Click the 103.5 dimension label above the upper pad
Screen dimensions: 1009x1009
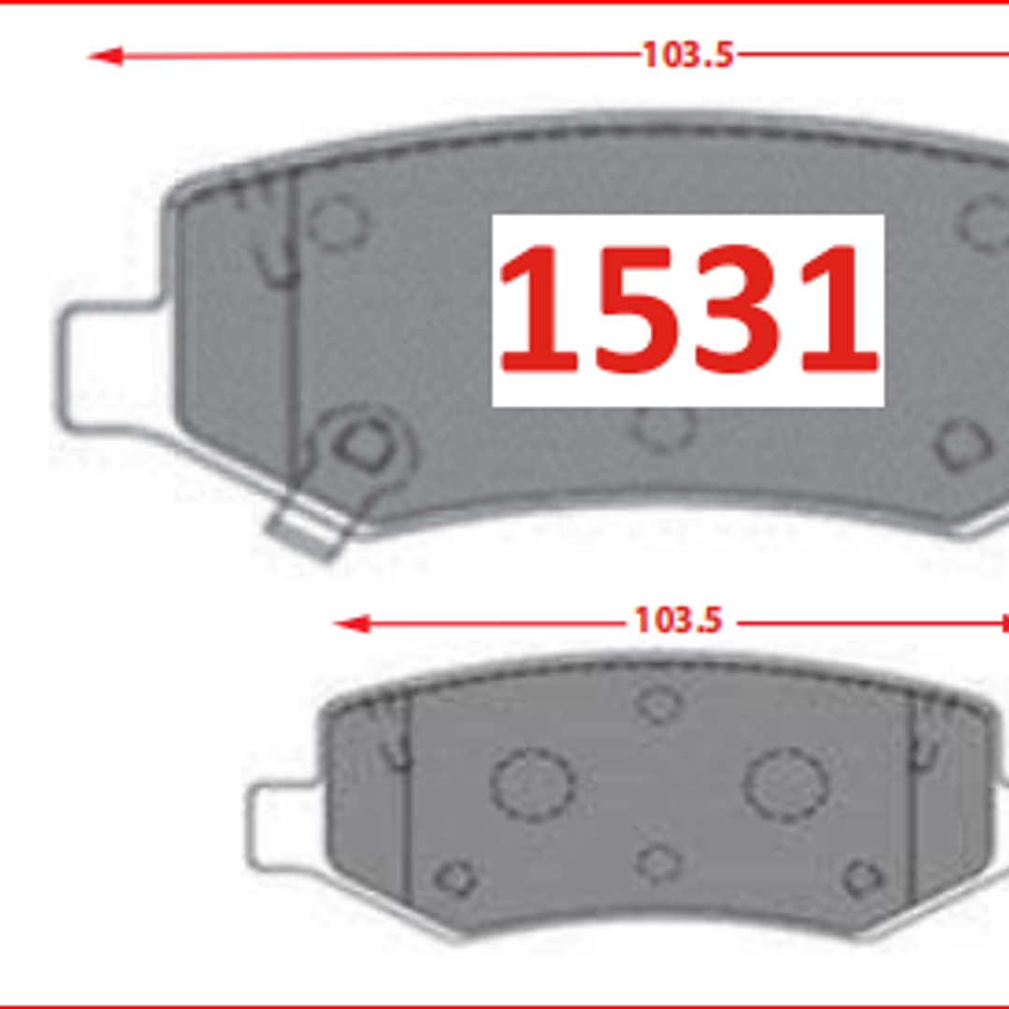688,54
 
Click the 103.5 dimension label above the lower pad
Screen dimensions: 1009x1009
678,620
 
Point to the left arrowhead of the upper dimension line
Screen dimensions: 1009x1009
105,56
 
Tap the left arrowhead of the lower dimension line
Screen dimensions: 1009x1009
352,624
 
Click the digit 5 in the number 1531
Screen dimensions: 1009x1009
637,309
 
